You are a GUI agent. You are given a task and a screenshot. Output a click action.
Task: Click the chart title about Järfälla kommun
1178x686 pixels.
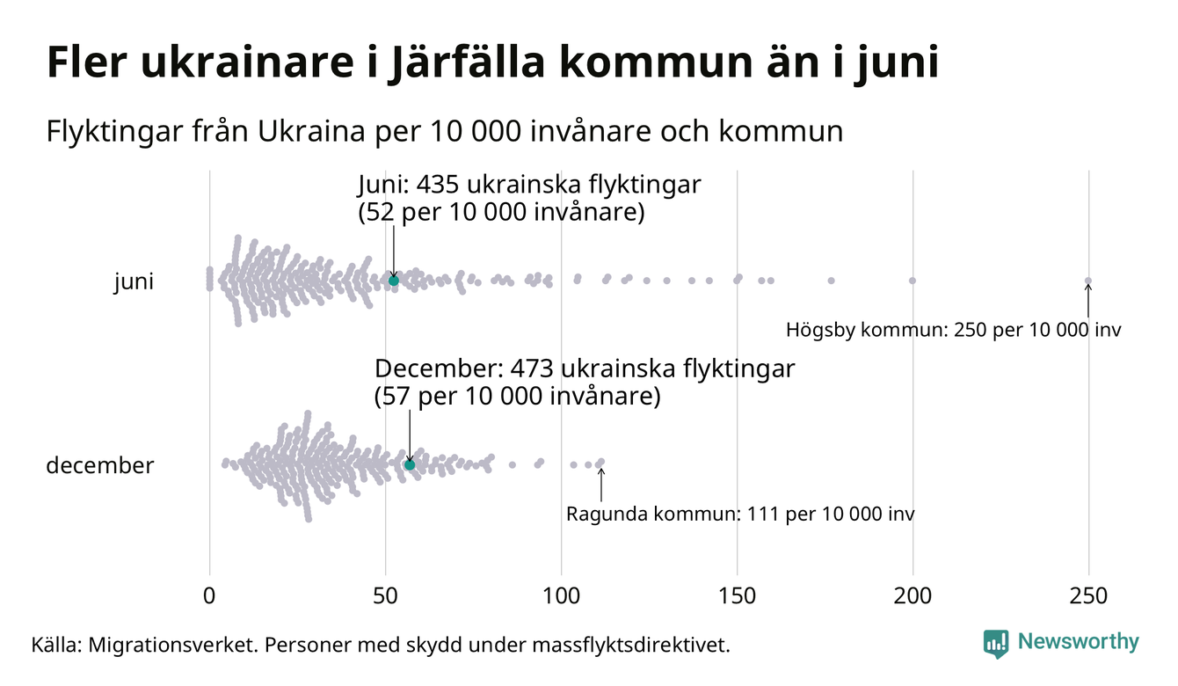[x=492, y=64]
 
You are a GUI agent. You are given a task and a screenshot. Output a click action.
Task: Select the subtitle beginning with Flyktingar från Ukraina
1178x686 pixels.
[x=444, y=132]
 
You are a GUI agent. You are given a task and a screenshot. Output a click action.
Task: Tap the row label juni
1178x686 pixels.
[x=134, y=281]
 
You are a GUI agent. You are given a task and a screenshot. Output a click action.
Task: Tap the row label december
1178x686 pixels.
[x=99, y=465]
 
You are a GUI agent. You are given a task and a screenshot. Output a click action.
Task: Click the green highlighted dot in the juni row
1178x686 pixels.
[x=394, y=281]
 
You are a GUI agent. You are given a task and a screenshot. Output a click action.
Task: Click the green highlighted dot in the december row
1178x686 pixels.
[x=410, y=464]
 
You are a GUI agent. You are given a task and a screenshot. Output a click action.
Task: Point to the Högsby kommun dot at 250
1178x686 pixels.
[x=1088, y=281]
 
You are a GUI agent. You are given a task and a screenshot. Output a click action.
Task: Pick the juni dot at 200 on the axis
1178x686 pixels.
[x=913, y=281]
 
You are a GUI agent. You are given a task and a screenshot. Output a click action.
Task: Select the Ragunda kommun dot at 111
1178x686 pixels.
[x=600, y=462]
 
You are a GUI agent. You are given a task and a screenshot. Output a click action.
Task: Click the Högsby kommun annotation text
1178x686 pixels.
[x=954, y=332]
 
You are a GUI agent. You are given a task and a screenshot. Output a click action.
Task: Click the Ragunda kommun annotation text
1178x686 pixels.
[x=740, y=514]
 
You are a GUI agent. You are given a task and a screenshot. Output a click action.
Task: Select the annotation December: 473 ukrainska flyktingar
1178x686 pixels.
[x=585, y=369]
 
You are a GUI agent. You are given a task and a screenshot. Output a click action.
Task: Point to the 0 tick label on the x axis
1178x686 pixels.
[x=209, y=596]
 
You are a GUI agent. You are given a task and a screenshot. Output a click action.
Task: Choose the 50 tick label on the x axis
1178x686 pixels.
[x=385, y=596]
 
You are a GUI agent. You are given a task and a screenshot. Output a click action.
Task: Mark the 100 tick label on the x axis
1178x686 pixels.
[x=561, y=596]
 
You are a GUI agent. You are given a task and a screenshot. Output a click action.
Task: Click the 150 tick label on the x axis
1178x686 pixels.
[x=737, y=596]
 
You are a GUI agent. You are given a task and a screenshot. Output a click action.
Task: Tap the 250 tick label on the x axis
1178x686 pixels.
[x=1088, y=596]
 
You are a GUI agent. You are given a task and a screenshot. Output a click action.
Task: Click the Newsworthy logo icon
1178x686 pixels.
[x=996, y=643]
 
